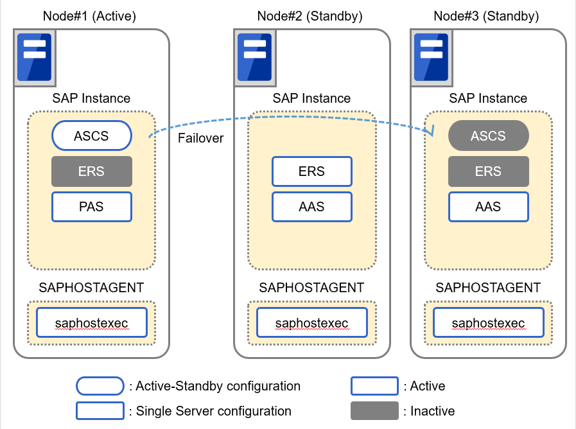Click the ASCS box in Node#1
pos(91,136)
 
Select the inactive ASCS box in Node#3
pos(488,136)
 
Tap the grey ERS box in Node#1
pos(91,171)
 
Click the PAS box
pos(91,207)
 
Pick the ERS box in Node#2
pos(311,171)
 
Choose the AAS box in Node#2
pos(311,207)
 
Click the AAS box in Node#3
pos(488,207)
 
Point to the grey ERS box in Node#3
pos(488,171)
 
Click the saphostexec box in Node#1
pos(91,322)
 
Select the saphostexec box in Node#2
pos(311,322)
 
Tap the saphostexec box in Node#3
pos(488,322)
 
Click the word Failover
pos(201,138)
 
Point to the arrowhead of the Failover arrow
pos(432,130)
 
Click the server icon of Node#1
pos(33,57)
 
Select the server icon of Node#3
pos(430,57)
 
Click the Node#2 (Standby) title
pos(310,16)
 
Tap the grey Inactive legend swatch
pos(374,410)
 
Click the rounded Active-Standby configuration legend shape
pos(100,386)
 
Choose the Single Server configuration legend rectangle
pos(100,410)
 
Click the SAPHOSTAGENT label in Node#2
pos(311,288)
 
